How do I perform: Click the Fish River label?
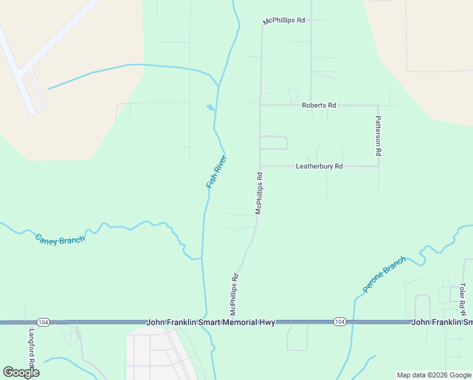click(216, 172)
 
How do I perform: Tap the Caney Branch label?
click(60, 239)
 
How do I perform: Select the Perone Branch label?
click(384, 275)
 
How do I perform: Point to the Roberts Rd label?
click(319, 105)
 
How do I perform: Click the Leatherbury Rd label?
click(319, 167)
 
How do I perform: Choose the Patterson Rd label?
click(378, 136)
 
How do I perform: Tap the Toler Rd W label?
click(462, 299)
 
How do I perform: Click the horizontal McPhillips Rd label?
click(285, 21)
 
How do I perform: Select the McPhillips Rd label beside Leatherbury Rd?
click(259, 193)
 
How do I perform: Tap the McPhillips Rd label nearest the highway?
click(234, 294)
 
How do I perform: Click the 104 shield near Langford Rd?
click(43, 322)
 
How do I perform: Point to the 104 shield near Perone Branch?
click(340, 322)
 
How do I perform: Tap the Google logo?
click(21, 372)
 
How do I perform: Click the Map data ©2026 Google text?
click(433, 375)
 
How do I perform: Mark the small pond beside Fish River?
click(210, 108)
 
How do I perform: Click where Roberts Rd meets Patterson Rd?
click(378, 105)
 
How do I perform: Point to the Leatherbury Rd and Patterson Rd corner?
click(378, 166)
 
